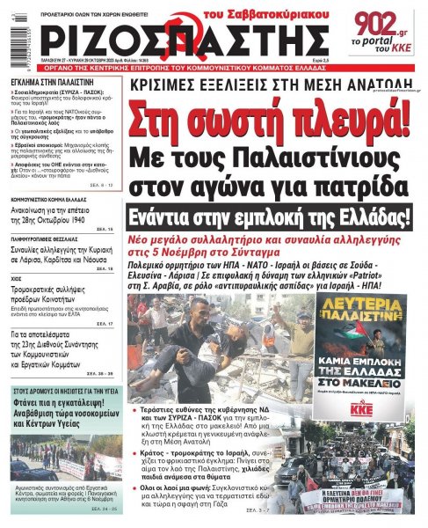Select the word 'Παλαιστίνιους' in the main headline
pyautogui.click(x=311, y=159)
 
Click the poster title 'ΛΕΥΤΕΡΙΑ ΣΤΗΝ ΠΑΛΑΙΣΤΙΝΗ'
pyautogui.click(x=361, y=311)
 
